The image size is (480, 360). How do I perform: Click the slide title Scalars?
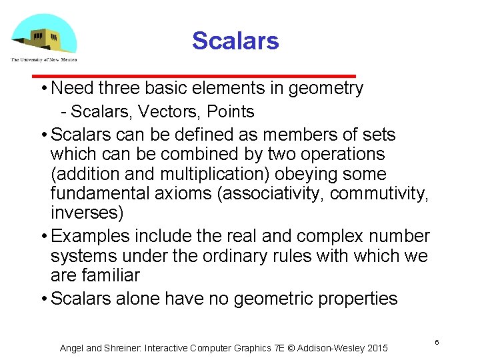point(235,41)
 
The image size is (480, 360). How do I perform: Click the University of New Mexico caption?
point(44,59)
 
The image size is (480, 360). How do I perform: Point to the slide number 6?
point(437,342)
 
